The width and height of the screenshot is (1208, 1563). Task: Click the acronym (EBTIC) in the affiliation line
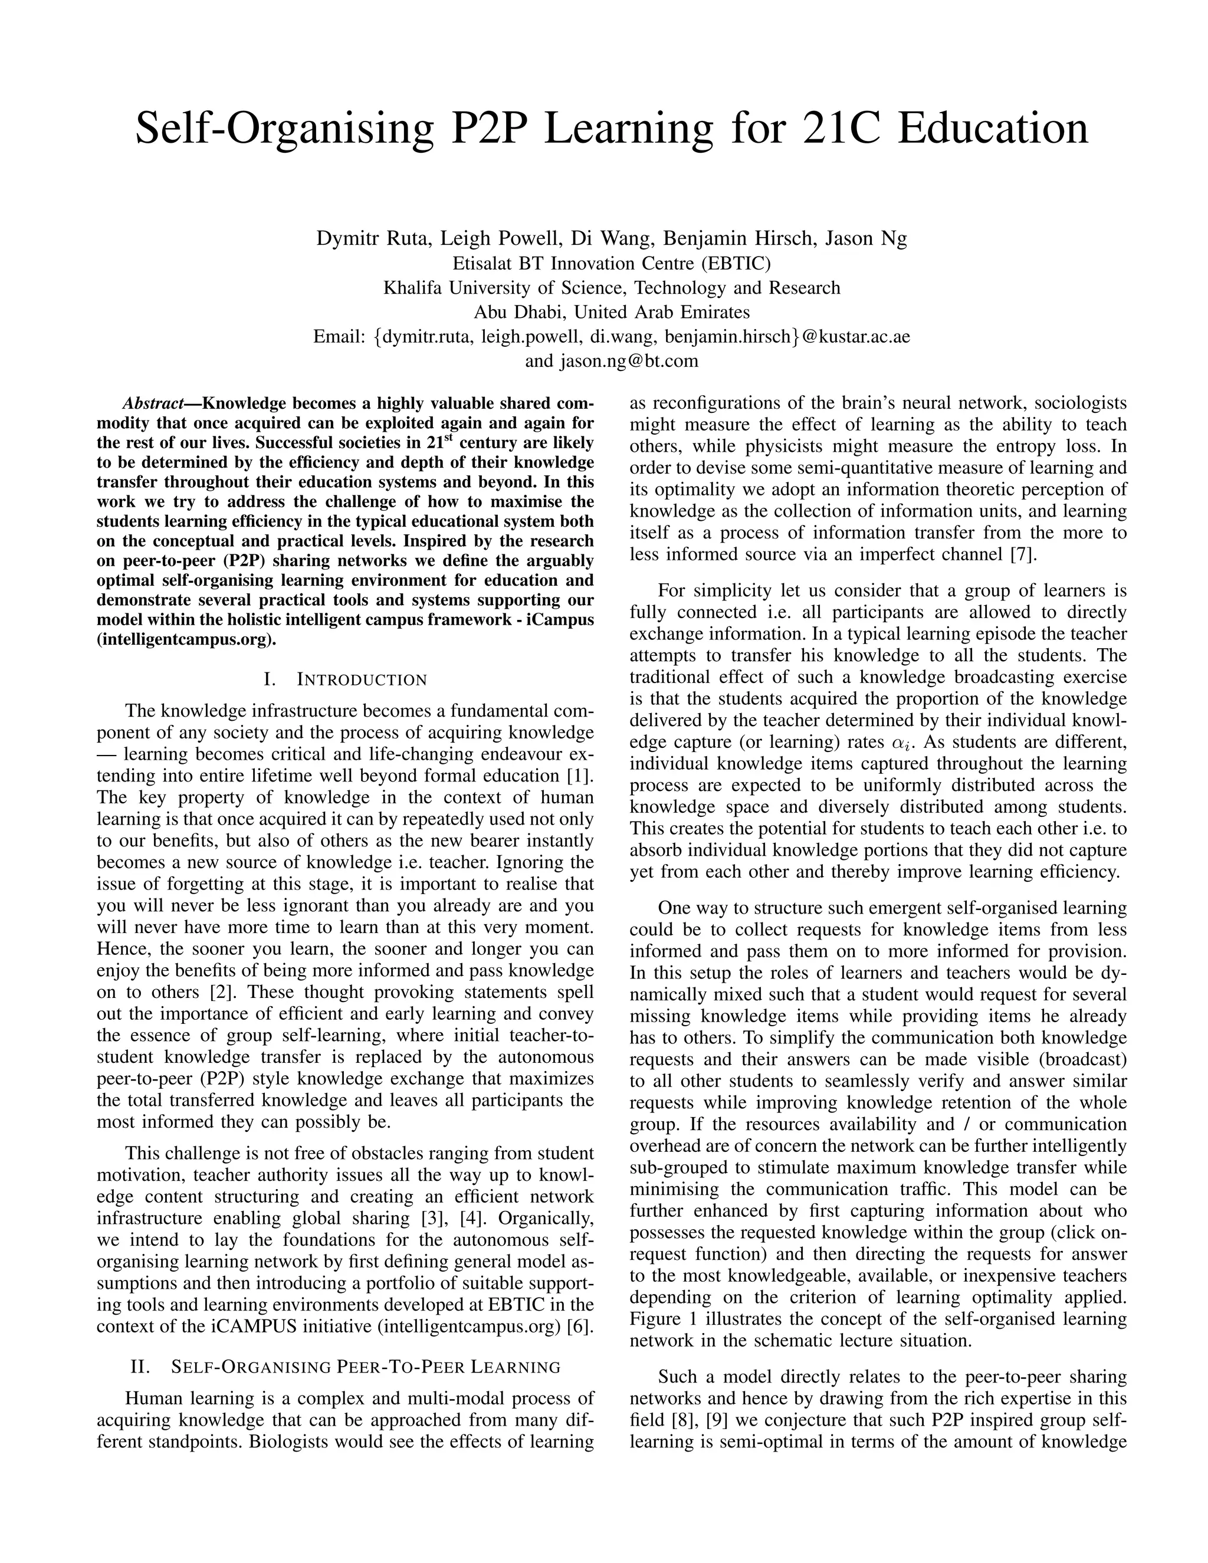tap(735, 264)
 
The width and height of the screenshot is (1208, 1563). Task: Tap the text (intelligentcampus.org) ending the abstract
tap(186, 640)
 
